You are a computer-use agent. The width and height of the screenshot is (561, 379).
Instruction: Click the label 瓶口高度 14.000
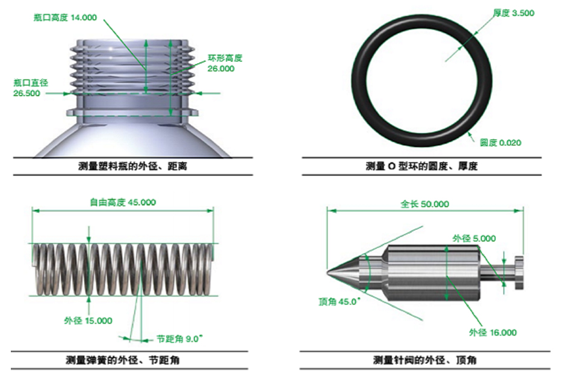(65, 18)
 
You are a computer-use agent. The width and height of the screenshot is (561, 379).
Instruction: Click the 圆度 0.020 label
(500, 143)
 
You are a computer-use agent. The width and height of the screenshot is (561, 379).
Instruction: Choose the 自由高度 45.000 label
(122, 202)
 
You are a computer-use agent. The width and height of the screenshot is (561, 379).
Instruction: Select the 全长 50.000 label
(424, 204)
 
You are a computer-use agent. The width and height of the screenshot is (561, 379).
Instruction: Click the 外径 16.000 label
(492, 332)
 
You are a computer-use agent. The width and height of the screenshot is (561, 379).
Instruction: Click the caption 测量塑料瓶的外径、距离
(132, 166)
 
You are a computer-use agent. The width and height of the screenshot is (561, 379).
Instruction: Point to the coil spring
(120, 269)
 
